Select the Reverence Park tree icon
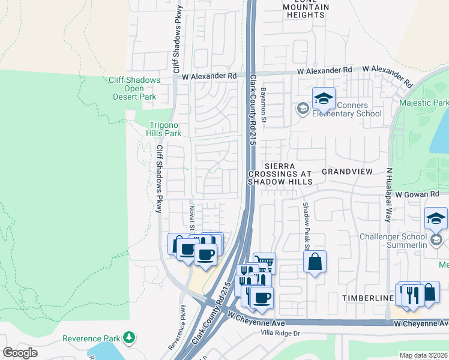click(x=127, y=338)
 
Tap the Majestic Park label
click(x=424, y=103)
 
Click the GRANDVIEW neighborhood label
click(x=347, y=172)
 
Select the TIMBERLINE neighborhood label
click(x=367, y=298)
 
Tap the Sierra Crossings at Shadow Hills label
click(x=280, y=173)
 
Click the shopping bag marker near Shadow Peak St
click(x=315, y=262)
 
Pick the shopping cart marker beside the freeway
click(x=264, y=262)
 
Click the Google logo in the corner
click(x=20, y=353)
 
